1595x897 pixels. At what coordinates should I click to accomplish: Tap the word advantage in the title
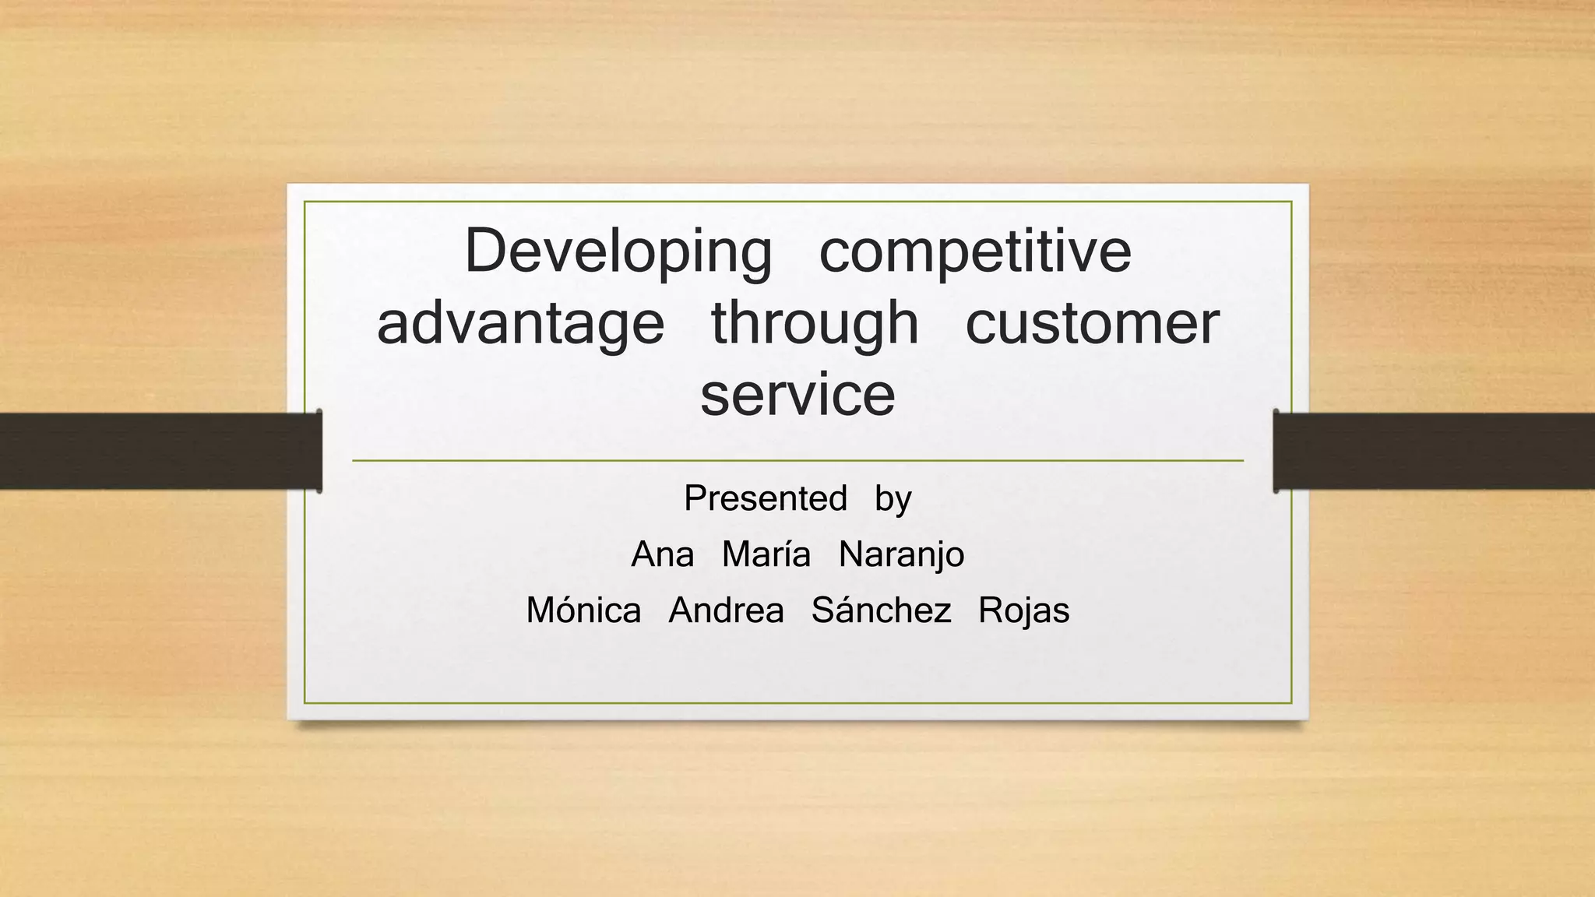(x=520, y=324)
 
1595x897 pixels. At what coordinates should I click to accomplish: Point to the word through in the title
(x=815, y=324)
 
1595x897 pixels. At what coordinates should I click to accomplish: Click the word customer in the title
(x=1092, y=324)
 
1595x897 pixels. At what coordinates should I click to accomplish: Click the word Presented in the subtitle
(x=765, y=498)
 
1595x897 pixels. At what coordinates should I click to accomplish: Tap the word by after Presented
(x=893, y=499)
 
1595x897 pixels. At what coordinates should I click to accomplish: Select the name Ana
(x=662, y=555)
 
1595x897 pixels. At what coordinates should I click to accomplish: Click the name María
(x=766, y=555)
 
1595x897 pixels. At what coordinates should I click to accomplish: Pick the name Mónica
(x=583, y=610)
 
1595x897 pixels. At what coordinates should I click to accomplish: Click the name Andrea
(x=726, y=610)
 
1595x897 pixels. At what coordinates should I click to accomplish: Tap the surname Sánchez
(x=881, y=610)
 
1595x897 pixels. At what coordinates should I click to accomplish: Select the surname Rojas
(x=1023, y=610)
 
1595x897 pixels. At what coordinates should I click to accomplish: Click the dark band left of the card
(x=156, y=451)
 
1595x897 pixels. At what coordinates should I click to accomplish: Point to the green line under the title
(x=797, y=461)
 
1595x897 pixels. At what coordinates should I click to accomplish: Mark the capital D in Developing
(x=485, y=251)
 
